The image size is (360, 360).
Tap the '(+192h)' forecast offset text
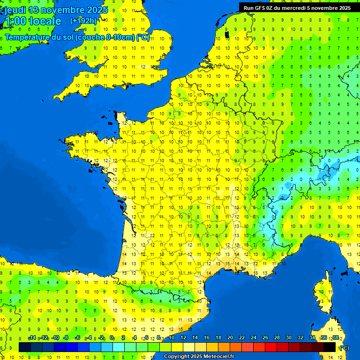tap(83, 21)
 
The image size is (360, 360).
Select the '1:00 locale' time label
tap(33, 21)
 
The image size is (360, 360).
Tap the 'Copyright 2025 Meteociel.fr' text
tap(199, 357)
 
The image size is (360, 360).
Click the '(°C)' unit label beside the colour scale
tap(344, 347)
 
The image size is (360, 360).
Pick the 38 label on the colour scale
tap(335, 338)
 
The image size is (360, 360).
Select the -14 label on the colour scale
tap(32, 338)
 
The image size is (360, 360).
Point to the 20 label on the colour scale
tap(230, 338)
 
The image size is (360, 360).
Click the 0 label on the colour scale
tap(112, 338)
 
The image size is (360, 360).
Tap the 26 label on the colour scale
tap(265, 338)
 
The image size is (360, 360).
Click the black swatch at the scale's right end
tap(330, 347)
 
